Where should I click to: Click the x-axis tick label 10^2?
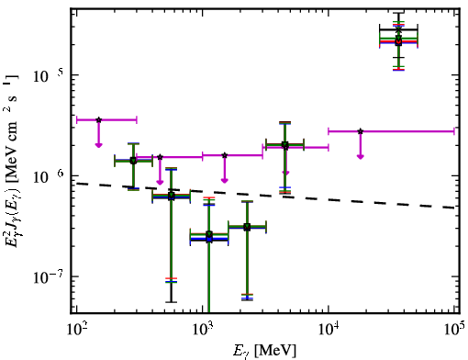(x=76, y=330)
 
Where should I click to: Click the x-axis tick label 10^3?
(x=203, y=330)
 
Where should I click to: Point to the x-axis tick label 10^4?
(x=329, y=330)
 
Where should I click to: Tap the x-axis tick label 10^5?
(x=455, y=330)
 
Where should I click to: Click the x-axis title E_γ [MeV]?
(x=264, y=351)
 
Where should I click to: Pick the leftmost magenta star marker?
(x=98, y=119)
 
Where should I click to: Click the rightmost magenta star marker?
(x=361, y=131)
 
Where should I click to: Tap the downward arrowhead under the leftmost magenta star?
(x=98, y=145)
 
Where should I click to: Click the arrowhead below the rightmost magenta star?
(x=361, y=157)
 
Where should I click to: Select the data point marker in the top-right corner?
(x=398, y=39)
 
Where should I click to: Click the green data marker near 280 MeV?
(x=133, y=161)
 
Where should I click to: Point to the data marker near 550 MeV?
(x=172, y=196)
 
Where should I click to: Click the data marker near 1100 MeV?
(x=209, y=237)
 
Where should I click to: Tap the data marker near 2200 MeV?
(x=247, y=227)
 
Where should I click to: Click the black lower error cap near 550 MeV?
(x=172, y=302)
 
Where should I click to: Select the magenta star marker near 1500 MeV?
(x=225, y=155)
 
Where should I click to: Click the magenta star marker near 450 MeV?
(x=160, y=157)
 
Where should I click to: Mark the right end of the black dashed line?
(x=454, y=208)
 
